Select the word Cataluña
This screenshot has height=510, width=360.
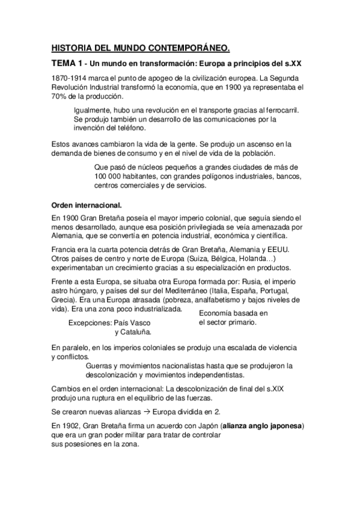coord(136,331)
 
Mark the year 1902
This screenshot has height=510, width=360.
coord(71,427)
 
